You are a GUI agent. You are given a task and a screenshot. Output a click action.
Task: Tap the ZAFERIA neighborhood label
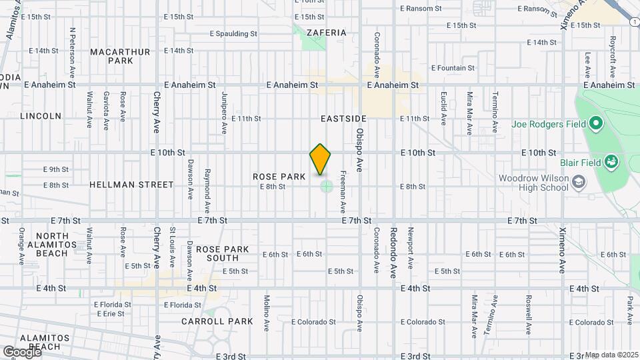[x=327, y=33]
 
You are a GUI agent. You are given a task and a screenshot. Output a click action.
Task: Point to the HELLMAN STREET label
[x=131, y=185]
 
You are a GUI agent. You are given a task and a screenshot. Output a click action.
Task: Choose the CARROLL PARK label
[x=217, y=321]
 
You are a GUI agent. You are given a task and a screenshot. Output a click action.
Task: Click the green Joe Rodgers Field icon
[x=596, y=123]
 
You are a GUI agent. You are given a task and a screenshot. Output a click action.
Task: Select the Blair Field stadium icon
[x=611, y=161]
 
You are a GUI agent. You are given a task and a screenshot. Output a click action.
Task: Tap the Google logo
[x=21, y=351]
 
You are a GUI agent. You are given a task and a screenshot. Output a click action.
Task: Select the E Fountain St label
[x=453, y=68]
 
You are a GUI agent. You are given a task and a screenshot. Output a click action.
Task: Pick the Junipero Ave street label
[x=225, y=111]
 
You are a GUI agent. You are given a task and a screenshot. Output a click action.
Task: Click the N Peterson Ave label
[x=72, y=45]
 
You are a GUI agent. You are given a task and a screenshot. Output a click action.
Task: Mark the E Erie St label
[x=110, y=313]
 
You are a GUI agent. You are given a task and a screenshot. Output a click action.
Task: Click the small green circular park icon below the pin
[x=326, y=186]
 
